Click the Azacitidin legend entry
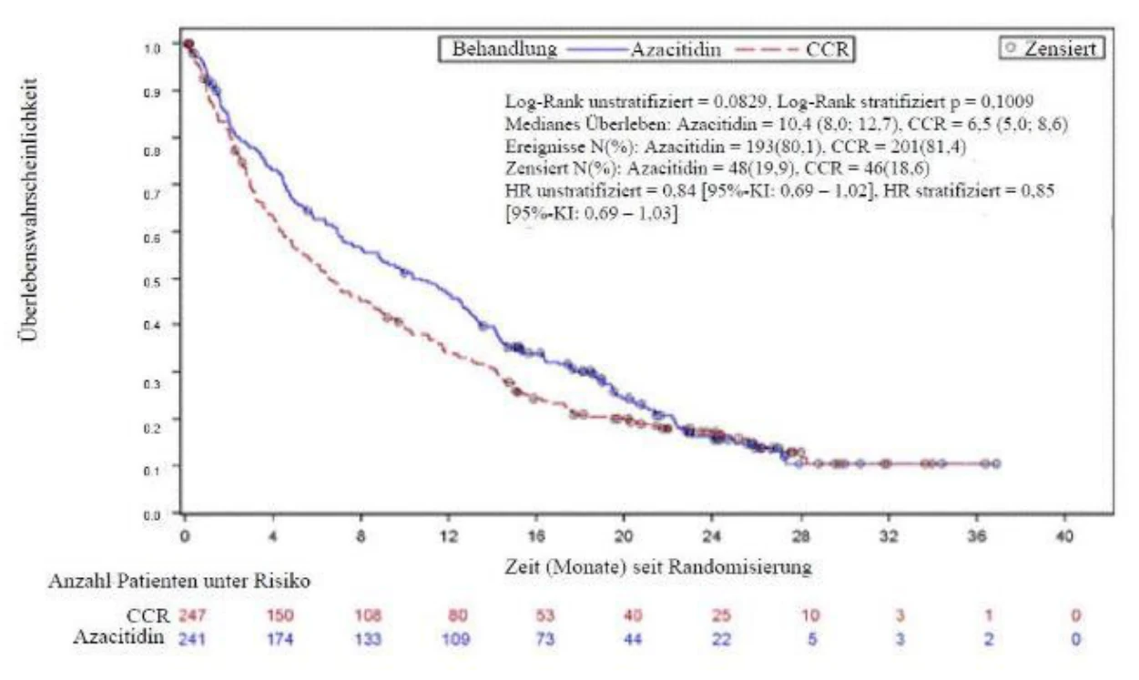tap(644, 49)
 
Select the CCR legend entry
tap(793, 49)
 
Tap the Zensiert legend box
tap(1052, 48)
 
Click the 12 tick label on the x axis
tap(448, 536)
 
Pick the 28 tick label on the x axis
tap(800, 536)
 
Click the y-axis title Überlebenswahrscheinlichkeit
tap(29, 209)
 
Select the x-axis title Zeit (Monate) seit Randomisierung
tap(657, 566)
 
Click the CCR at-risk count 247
tap(192, 615)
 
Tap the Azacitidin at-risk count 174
tap(280, 639)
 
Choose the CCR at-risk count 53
tap(544, 615)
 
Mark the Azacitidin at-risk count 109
tap(455, 639)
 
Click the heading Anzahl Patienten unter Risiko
tap(179, 581)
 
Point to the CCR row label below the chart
tap(147, 616)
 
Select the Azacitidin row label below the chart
tap(118, 637)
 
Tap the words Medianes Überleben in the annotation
tap(586, 124)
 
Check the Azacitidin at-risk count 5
tap(812, 639)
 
